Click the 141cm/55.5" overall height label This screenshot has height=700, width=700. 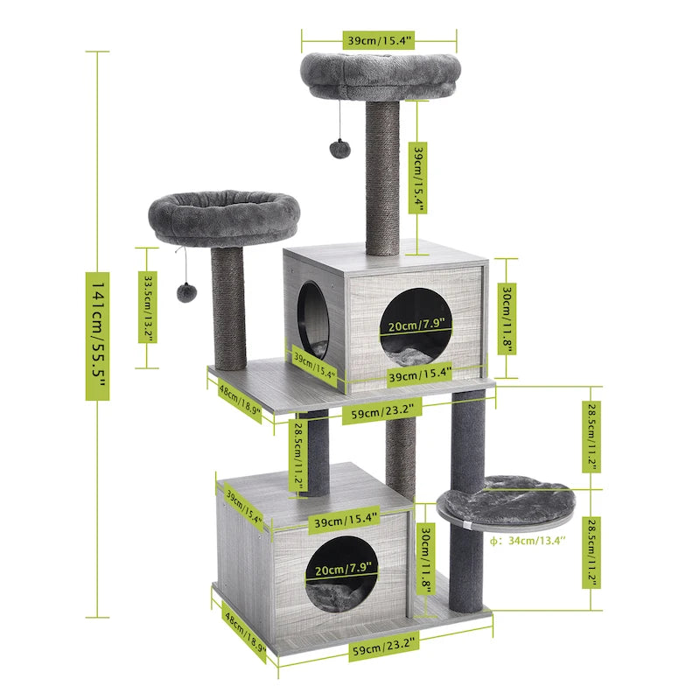point(97,336)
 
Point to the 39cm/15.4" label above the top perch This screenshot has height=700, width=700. point(380,39)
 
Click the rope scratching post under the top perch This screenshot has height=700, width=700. point(381,179)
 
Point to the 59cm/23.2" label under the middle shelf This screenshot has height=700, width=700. point(376,409)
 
